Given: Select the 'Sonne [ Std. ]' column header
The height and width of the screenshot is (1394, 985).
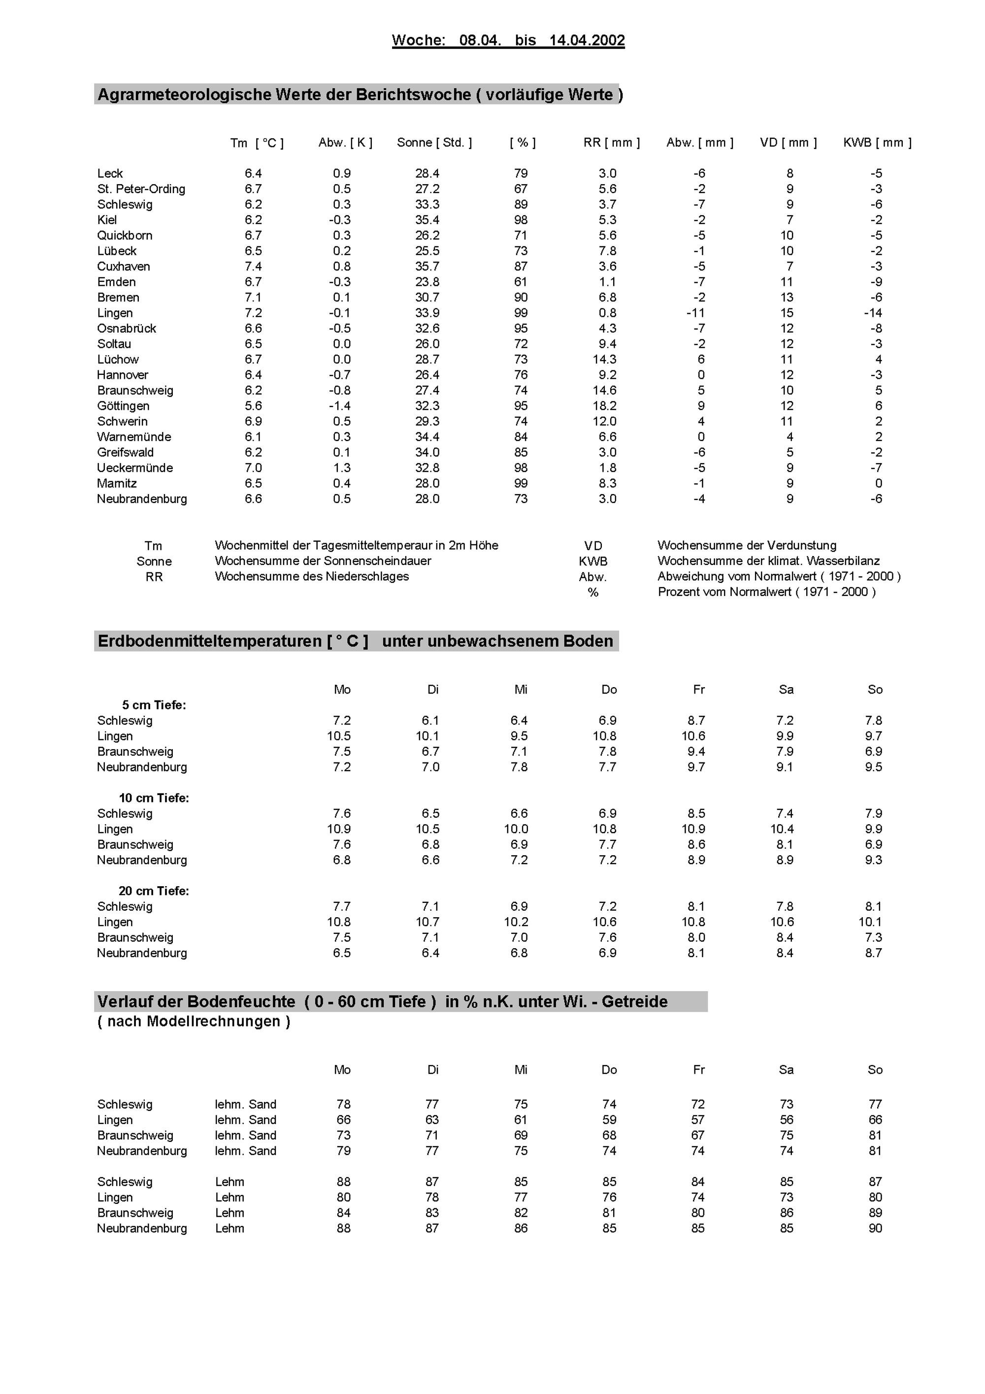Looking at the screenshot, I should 434,143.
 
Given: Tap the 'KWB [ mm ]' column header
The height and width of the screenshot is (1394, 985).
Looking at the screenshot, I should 877,143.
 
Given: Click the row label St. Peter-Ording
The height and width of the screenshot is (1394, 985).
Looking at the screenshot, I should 141,189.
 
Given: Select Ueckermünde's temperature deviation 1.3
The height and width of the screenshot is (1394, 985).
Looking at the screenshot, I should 342,467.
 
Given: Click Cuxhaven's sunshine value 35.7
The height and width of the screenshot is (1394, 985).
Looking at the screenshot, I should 427,266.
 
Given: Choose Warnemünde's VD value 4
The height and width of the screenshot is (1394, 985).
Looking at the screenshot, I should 789,436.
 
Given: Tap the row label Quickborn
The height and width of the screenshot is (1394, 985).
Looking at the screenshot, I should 125,235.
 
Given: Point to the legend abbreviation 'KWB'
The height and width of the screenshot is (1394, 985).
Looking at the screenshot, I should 593,561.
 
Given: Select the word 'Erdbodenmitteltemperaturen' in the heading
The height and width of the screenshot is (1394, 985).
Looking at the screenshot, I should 209,641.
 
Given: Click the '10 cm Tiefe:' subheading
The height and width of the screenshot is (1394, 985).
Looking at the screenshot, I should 154,798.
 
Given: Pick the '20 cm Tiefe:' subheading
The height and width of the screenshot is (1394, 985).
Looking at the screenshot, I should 154,891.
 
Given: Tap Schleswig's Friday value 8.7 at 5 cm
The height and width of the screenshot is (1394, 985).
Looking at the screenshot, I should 696,721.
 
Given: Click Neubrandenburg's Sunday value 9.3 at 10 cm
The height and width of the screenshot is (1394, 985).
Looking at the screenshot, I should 873,860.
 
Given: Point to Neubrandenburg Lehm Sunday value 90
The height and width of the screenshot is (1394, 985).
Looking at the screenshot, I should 875,1228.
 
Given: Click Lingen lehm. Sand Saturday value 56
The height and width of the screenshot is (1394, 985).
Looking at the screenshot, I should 786,1120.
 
